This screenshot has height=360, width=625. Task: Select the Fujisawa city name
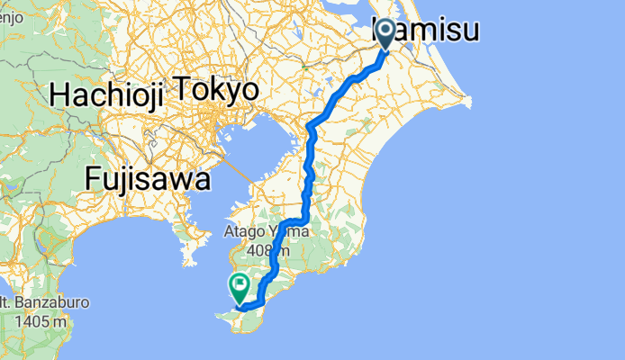click(148, 178)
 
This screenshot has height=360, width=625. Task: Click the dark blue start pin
click(385, 34)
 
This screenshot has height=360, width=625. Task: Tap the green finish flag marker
click(240, 289)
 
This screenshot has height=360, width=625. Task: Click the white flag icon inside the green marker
click(240, 287)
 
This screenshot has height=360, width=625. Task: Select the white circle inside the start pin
click(385, 31)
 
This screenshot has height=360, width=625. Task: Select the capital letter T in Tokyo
click(181, 90)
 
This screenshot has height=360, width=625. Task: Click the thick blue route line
click(311, 144)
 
